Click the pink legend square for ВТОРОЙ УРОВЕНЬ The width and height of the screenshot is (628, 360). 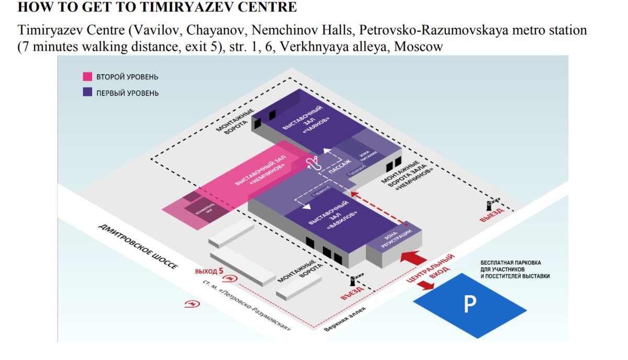click(x=88, y=77)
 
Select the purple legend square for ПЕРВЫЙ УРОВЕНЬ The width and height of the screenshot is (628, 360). click(x=88, y=93)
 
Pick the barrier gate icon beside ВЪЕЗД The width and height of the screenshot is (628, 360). click(x=358, y=276)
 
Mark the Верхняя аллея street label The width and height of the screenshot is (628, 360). click(x=345, y=320)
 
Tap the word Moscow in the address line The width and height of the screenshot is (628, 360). click(x=419, y=46)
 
